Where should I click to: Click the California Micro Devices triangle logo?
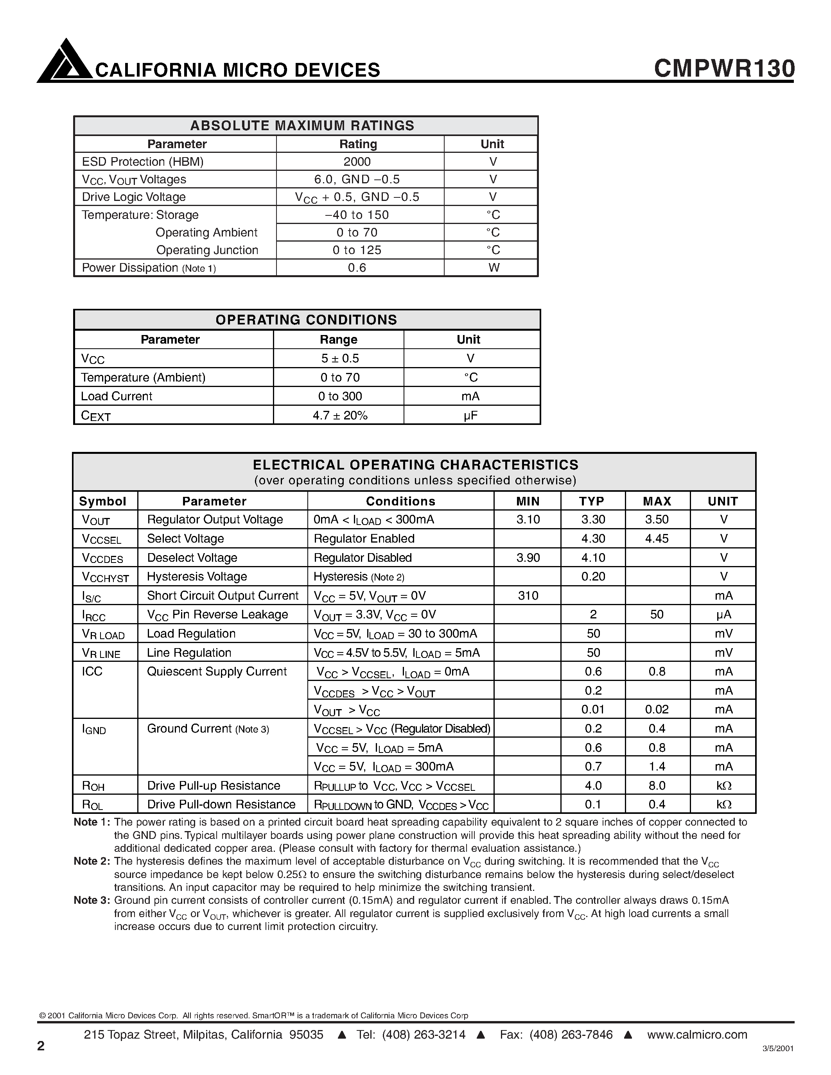point(65,61)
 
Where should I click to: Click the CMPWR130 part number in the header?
point(724,68)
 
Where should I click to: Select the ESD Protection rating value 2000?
point(357,161)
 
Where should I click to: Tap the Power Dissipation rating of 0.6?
point(357,268)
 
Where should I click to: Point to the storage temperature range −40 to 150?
point(357,215)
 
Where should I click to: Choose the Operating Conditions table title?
point(306,320)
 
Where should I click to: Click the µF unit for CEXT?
point(470,416)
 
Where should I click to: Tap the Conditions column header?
point(400,501)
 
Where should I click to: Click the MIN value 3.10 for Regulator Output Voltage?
point(528,519)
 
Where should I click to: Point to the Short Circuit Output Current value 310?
point(528,596)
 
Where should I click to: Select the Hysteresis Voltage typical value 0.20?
point(593,576)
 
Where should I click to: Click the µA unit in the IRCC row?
point(723,614)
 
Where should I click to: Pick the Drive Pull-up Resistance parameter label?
point(214,786)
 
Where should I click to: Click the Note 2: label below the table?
point(92,861)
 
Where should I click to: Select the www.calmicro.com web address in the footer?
point(697,1035)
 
